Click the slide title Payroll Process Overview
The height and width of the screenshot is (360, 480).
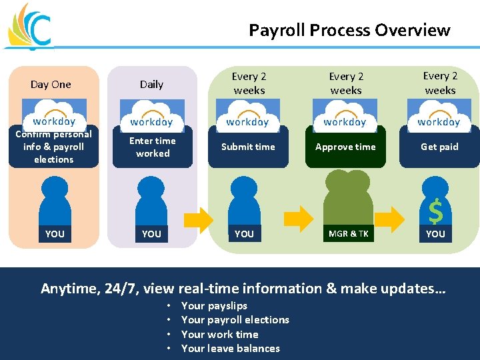[x=349, y=30]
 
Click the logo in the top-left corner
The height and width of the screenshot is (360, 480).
[x=28, y=27]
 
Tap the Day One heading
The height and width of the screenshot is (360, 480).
[x=51, y=84]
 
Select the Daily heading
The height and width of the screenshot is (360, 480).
[x=151, y=84]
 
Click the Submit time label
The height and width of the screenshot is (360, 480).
[x=248, y=147]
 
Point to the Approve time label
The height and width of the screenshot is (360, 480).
[x=345, y=147]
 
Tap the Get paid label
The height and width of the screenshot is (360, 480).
[x=439, y=147]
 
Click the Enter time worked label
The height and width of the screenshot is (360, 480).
[x=153, y=147]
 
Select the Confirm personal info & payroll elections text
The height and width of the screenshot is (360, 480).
[x=53, y=147]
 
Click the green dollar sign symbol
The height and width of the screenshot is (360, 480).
[x=435, y=212]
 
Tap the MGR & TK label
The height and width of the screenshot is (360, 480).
[x=348, y=233]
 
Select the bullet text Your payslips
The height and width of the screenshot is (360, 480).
[x=214, y=305]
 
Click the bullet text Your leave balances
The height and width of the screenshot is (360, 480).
[x=231, y=348]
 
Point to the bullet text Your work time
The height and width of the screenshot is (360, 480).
[x=219, y=334]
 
